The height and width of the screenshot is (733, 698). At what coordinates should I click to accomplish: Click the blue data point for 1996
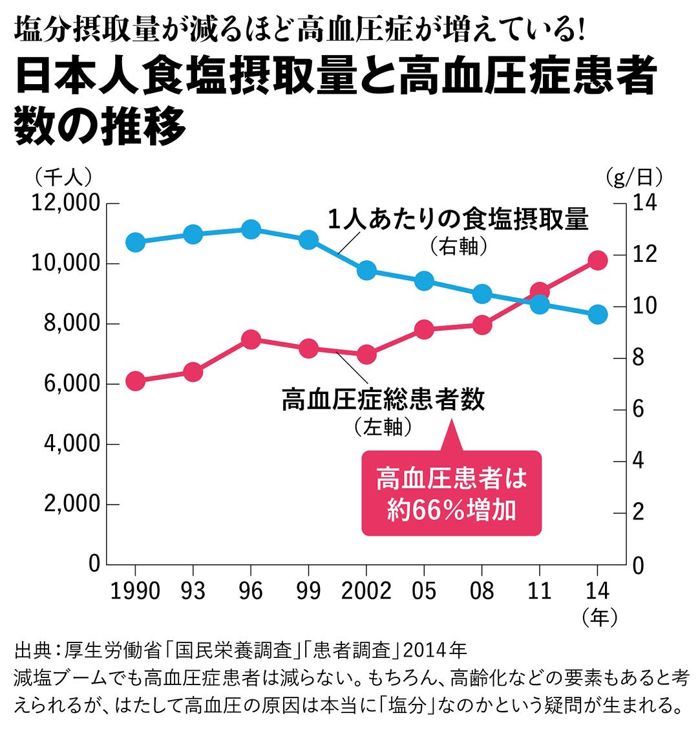click(251, 229)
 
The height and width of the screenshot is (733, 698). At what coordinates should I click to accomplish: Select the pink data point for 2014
click(597, 261)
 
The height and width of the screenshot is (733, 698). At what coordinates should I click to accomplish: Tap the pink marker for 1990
click(135, 381)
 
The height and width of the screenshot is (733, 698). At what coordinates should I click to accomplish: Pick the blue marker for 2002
click(366, 270)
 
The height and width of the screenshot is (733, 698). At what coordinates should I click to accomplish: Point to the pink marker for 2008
click(481, 325)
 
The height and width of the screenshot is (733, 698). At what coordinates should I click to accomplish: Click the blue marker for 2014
click(597, 314)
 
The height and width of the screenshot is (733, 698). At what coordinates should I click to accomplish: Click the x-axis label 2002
click(366, 590)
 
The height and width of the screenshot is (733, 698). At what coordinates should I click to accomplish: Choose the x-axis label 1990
click(135, 590)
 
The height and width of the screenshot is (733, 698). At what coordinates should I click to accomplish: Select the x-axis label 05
click(424, 590)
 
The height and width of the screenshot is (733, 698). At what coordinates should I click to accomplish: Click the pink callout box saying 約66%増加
click(450, 493)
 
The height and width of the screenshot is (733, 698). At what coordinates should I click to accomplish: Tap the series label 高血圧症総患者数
click(383, 400)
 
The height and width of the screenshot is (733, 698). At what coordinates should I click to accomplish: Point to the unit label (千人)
click(64, 175)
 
